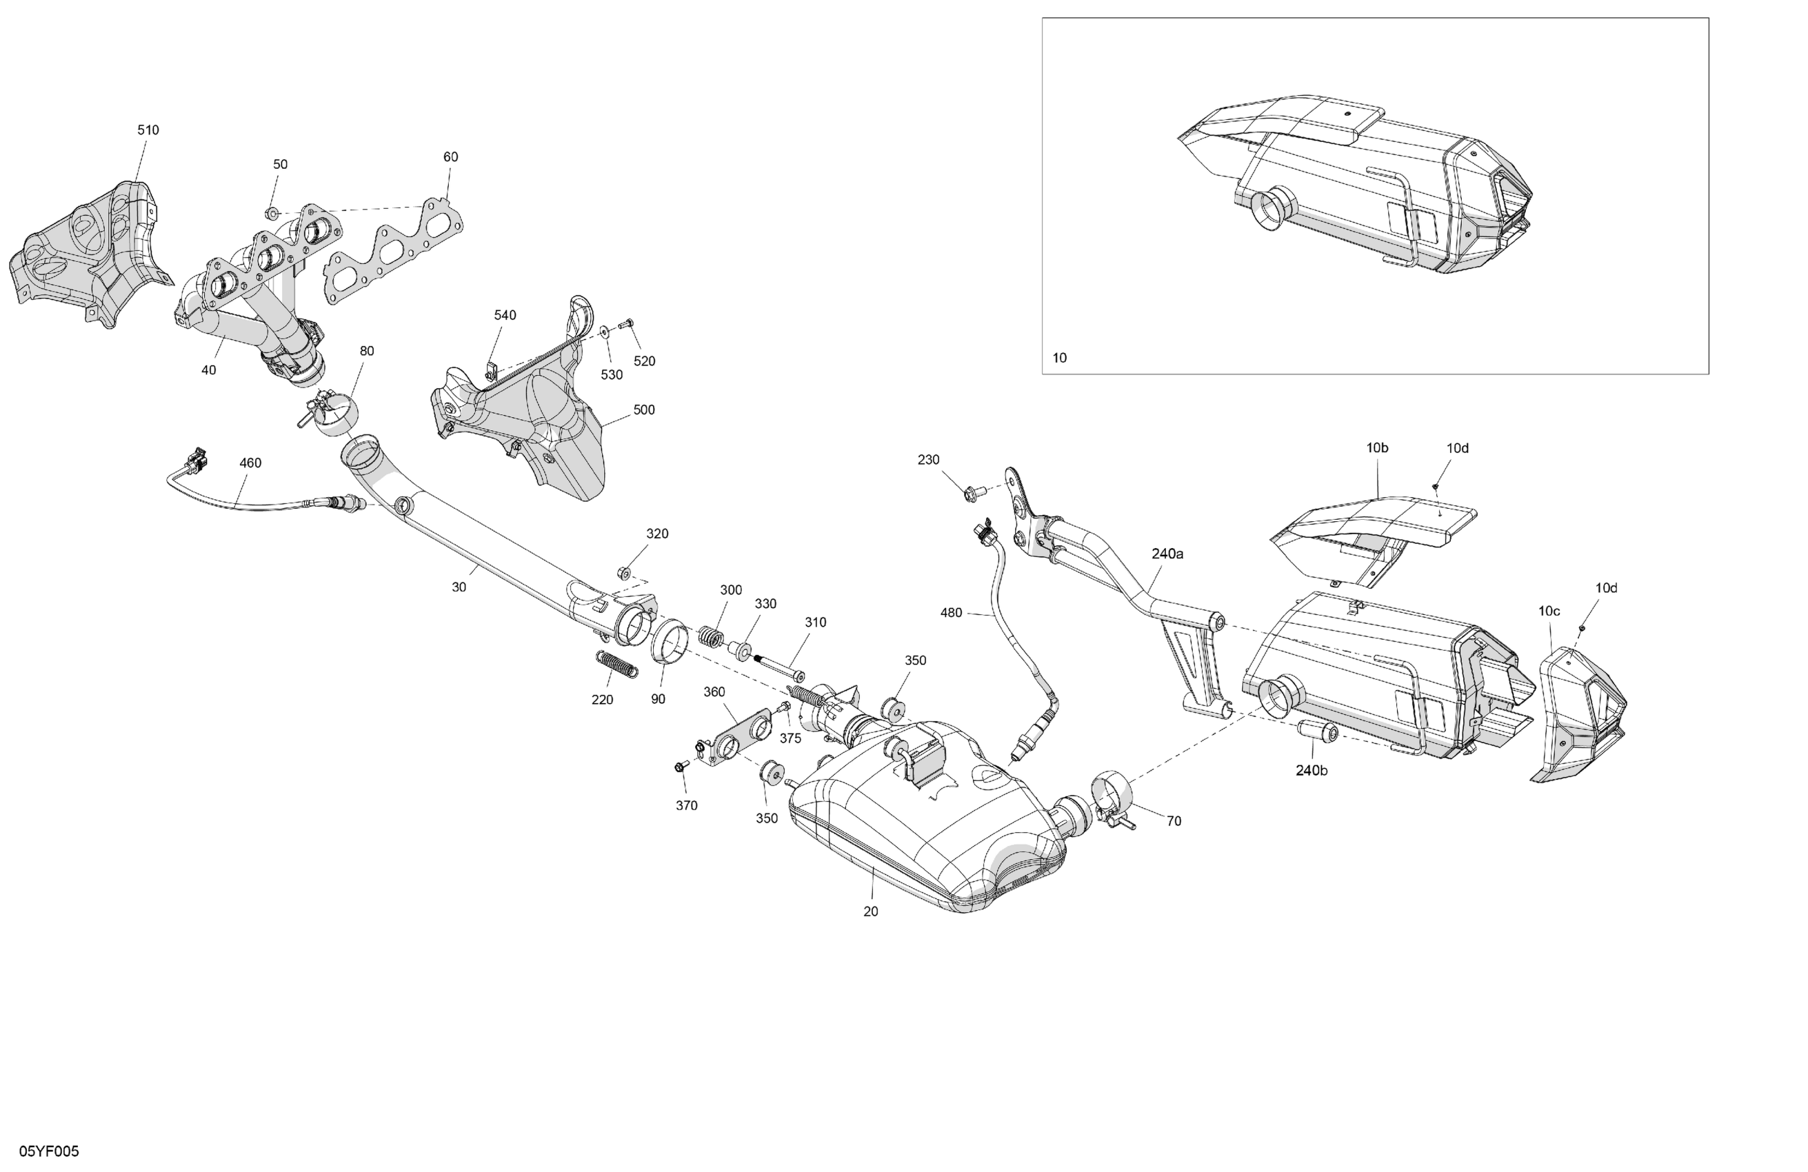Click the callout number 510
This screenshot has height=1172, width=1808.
pos(148,130)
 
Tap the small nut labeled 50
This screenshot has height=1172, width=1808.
pos(274,212)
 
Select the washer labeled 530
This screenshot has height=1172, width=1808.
pos(603,332)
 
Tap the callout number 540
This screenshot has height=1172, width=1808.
pos(505,315)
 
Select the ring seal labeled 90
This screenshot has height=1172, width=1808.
pos(670,642)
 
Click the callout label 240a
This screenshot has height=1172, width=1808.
pos(1167,554)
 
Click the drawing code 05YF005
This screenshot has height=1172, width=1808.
pos(50,1151)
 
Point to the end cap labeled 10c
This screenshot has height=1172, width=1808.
pos(1580,714)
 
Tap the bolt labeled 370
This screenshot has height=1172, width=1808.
pos(680,767)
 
